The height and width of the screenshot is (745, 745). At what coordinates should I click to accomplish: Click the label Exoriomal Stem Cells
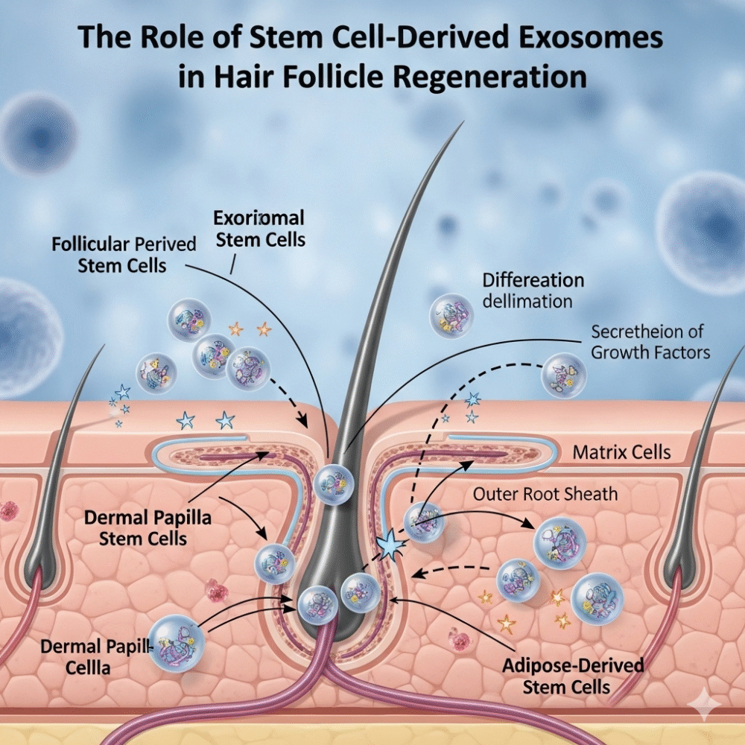click(259, 229)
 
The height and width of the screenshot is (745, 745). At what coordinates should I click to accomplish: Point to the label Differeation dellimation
click(533, 291)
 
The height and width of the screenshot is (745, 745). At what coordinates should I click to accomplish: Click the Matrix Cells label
click(621, 451)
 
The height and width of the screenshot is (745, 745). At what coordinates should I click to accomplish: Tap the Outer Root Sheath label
click(545, 493)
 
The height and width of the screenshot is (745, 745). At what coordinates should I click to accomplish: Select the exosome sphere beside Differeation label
click(451, 314)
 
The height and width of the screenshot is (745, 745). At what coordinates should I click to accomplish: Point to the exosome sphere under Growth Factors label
click(563, 374)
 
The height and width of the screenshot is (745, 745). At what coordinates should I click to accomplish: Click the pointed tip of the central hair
click(463, 124)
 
